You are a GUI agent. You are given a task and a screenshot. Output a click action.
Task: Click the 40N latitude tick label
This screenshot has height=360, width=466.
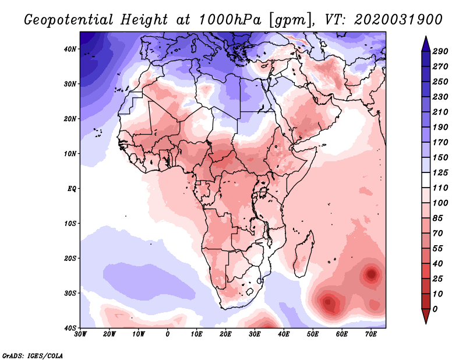click(70, 49)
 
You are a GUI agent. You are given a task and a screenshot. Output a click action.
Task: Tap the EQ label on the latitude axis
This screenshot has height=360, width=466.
click(72, 189)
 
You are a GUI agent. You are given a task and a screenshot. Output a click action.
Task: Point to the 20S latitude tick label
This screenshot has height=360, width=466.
click(70, 258)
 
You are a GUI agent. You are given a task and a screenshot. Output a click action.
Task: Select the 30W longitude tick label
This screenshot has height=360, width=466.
click(80, 334)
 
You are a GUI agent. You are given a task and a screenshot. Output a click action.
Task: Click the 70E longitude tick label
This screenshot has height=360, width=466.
click(371, 334)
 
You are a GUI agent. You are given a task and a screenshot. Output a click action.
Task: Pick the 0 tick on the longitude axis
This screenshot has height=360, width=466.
click(168, 334)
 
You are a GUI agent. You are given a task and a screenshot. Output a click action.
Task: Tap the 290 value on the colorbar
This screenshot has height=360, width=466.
click(440, 52)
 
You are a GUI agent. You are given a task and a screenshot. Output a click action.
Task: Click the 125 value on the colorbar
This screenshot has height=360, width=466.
click(440, 172)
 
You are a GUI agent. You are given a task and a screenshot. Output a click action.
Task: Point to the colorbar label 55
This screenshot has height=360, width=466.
click(438, 248)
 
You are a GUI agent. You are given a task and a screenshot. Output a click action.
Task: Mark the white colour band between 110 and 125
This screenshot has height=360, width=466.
click(426, 180)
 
